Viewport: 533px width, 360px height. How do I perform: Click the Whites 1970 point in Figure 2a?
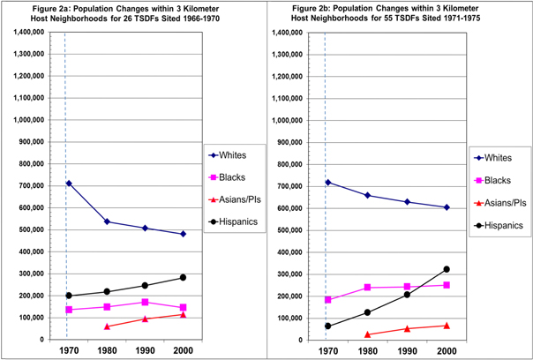point(68,184)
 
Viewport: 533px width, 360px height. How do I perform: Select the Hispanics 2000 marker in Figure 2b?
point(447,269)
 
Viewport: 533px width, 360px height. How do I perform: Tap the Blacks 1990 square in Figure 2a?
point(146,302)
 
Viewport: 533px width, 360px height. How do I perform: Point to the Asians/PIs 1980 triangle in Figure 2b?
point(366,334)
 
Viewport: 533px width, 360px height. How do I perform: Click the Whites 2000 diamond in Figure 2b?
point(447,207)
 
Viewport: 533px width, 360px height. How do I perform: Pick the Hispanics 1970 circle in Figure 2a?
point(68,296)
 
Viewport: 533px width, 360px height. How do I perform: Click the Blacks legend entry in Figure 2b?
point(498,179)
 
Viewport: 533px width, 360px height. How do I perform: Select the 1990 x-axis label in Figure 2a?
point(146,349)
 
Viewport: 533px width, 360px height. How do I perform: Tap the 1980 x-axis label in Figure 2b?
point(366,349)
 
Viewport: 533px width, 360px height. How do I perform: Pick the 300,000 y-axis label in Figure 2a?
point(38,274)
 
